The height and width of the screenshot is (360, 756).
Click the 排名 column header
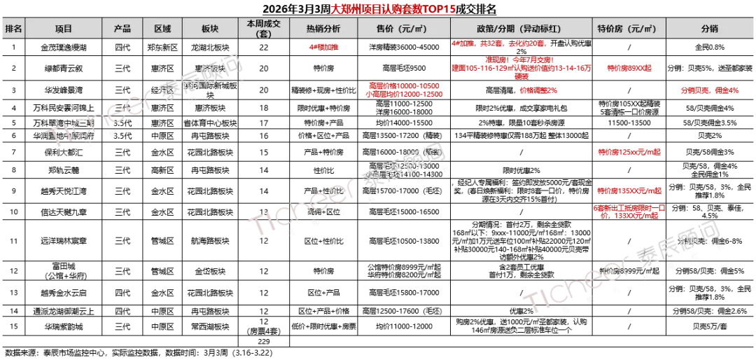click(13, 29)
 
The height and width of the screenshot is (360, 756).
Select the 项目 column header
click(64, 29)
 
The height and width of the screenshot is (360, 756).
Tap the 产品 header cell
click(122, 29)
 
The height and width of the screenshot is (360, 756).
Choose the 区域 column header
click(162, 29)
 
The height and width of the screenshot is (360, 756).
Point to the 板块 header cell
click(210, 29)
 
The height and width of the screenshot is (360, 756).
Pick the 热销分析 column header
click(323, 29)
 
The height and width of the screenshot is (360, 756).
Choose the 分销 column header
click(709, 29)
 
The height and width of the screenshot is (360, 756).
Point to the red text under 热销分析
click(323, 47)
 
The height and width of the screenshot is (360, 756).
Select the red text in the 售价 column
click(405, 90)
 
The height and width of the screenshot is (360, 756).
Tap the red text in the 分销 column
click(709, 90)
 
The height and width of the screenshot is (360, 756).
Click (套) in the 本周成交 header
click(263, 34)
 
